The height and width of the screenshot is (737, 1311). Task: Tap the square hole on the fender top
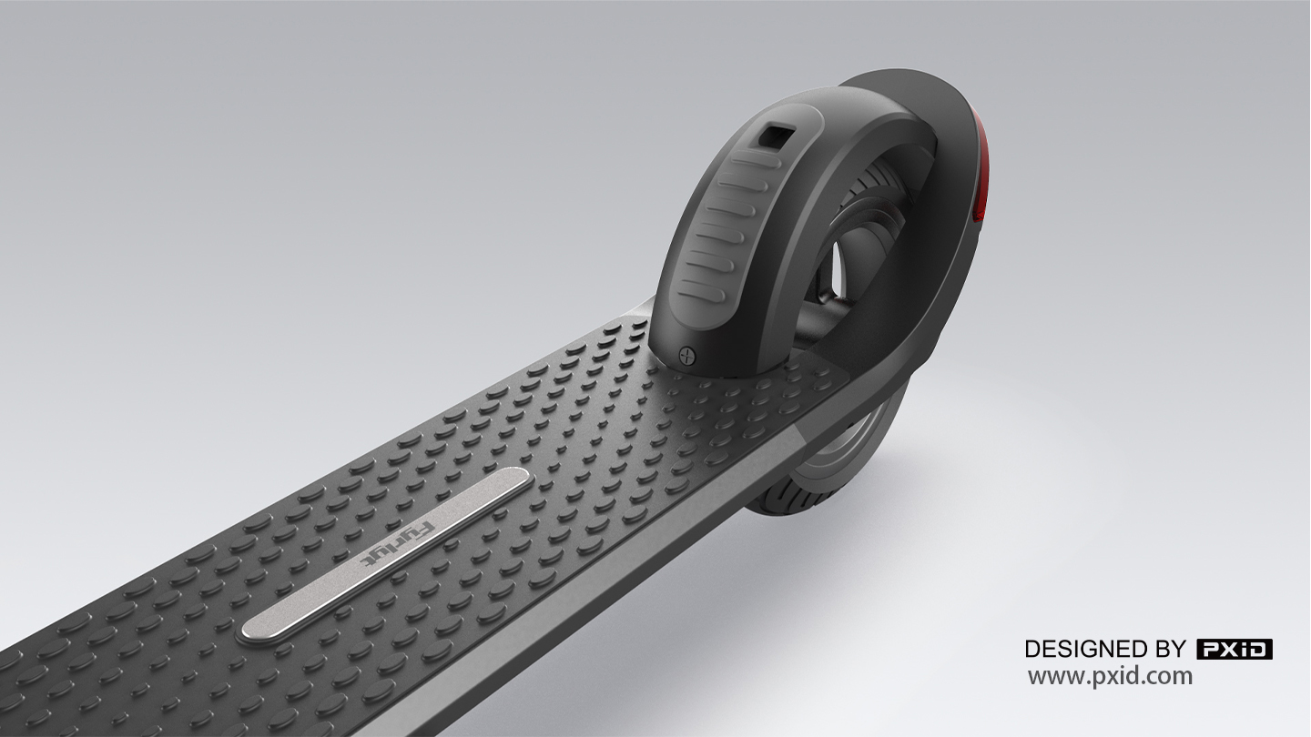(x=777, y=136)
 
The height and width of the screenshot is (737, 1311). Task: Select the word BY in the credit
(x=1172, y=649)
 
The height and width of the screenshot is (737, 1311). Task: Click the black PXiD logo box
(x=1234, y=649)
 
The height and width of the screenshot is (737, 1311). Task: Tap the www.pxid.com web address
(x=1110, y=676)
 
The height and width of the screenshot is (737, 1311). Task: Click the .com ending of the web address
(x=1170, y=676)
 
